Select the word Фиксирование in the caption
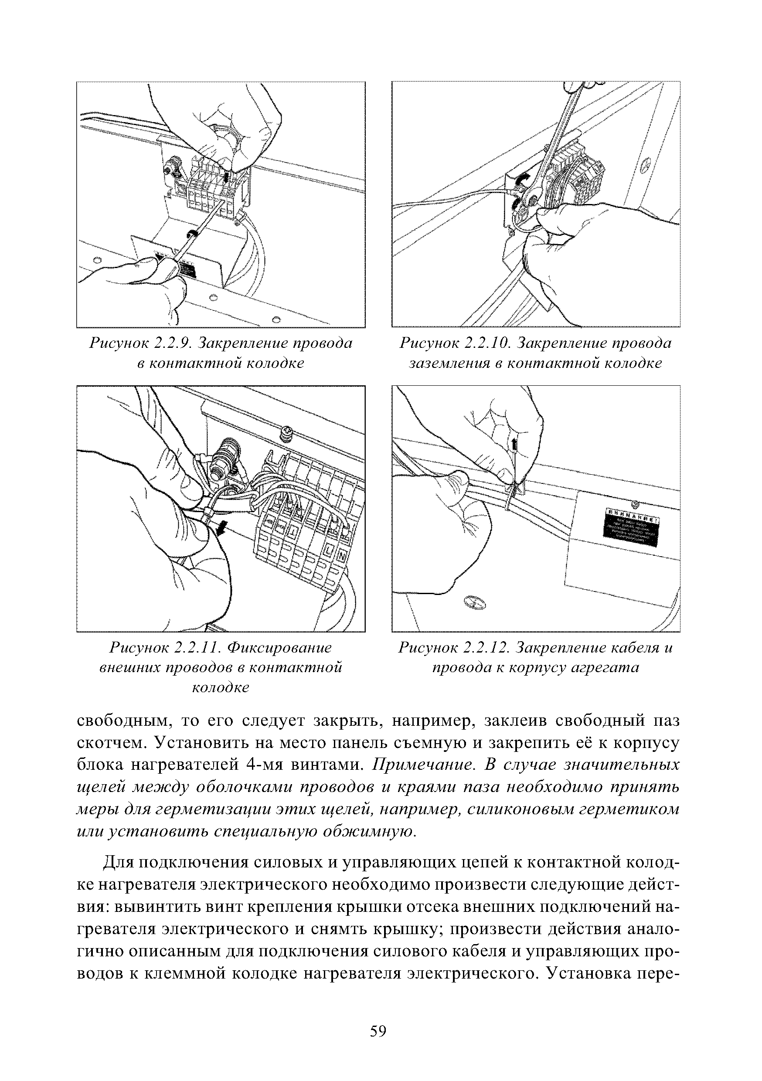[279, 648]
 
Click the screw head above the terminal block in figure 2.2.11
[285, 433]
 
